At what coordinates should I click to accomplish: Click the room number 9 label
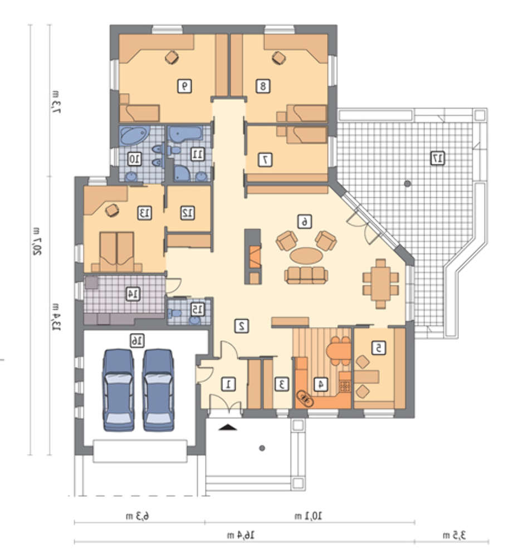[184, 86]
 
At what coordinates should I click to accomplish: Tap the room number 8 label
[263, 86]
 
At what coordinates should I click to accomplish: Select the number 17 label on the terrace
[437, 158]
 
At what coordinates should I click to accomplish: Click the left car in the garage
[118, 390]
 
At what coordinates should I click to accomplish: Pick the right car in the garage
[158, 390]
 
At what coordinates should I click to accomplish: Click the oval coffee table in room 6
[306, 256]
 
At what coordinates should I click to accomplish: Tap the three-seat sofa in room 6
[306, 275]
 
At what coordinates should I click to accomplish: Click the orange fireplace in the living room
[256, 256]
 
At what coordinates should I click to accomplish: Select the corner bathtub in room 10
[134, 135]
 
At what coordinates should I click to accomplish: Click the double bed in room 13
[117, 252]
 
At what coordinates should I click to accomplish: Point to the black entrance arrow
[228, 427]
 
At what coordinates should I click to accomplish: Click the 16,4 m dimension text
[241, 535]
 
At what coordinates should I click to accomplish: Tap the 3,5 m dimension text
[454, 535]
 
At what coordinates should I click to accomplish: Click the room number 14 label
[133, 294]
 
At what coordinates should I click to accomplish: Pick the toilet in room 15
[174, 314]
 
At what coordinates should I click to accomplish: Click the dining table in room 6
[380, 284]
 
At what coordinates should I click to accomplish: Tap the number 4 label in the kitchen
[321, 384]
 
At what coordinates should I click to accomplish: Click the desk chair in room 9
[172, 57]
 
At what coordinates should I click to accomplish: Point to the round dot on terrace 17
[408, 184]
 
